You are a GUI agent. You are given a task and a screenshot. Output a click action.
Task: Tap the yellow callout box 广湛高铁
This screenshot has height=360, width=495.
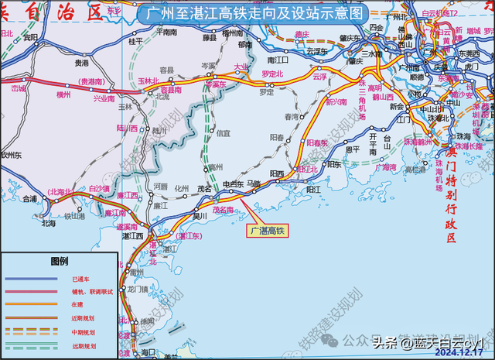(x=266, y=230)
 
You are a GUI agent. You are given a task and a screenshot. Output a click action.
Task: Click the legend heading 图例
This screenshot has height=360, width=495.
(x=60, y=261)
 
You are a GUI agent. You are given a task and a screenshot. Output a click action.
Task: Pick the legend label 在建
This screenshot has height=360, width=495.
(x=77, y=304)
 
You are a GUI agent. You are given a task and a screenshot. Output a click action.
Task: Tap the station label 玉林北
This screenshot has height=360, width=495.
(x=147, y=81)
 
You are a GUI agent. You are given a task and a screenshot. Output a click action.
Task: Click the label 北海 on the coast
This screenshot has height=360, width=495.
(x=48, y=223)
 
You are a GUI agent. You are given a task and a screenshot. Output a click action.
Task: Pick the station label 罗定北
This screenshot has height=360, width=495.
(x=272, y=74)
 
